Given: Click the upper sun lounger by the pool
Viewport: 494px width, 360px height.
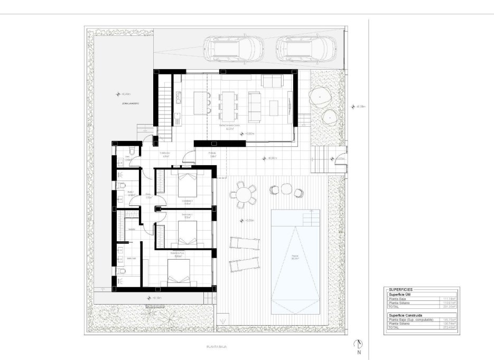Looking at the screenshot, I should click(245, 243).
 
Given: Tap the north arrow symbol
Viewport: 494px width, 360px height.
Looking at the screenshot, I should click(359, 344).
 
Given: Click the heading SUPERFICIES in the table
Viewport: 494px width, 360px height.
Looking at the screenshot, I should click(400, 290).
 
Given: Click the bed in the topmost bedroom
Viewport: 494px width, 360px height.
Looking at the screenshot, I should click(187, 184).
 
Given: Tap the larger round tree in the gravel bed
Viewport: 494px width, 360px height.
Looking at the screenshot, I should click(320, 96).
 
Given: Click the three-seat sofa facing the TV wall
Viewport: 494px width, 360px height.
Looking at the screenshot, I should click(255, 100).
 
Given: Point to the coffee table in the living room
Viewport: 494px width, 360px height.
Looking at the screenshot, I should click(274, 108).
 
